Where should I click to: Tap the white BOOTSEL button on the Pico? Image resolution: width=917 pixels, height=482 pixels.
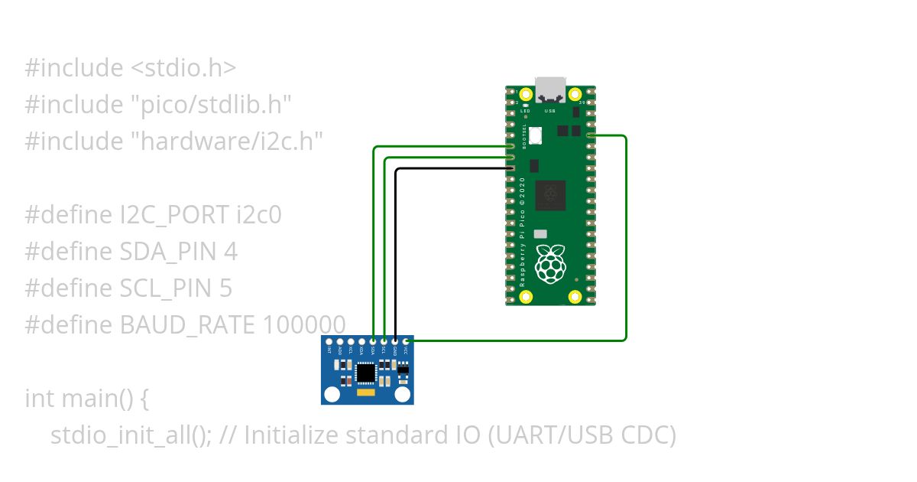pyautogui.click(x=536, y=135)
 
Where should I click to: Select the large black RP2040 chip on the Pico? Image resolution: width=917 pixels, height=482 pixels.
pyautogui.click(x=550, y=195)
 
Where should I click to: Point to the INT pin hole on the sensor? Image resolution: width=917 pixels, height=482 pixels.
pyautogui.click(x=329, y=341)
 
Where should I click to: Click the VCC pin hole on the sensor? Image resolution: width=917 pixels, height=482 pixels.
pyautogui.click(x=406, y=341)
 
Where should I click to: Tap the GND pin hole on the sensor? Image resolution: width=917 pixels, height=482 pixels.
pyautogui.click(x=395, y=341)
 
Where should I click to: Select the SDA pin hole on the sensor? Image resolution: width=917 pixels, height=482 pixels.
pyautogui.click(x=373, y=341)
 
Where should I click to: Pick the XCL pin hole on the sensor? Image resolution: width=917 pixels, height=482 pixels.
pyautogui.click(x=351, y=341)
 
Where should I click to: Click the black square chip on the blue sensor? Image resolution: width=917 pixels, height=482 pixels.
pyautogui.click(x=367, y=372)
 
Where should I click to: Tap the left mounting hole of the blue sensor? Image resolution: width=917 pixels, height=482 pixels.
pyautogui.click(x=332, y=394)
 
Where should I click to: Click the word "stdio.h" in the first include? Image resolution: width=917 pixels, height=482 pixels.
pyautogui.click(x=183, y=68)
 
